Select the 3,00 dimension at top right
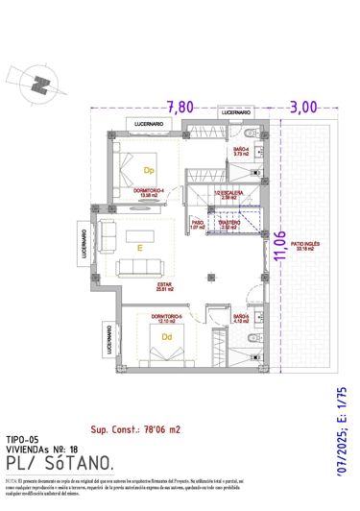pos(303,106)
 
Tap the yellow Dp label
pos(150,170)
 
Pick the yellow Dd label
pos(167,337)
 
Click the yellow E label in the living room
pos(140,247)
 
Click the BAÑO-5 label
pos(240,317)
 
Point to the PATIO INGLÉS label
pos(305,246)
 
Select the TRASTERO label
pos(228,224)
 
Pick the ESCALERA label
pos(229,192)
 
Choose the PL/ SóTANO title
pos(60,464)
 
